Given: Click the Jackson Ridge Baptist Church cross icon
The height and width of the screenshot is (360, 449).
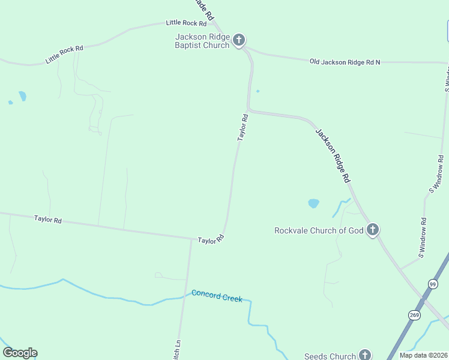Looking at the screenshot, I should pyautogui.click(x=239, y=40).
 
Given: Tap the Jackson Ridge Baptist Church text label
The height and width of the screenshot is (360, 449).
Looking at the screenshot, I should pyautogui.click(x=202, y=41).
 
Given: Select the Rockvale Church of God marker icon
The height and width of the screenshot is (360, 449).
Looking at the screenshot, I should pyautogui.click(x=372, y=229).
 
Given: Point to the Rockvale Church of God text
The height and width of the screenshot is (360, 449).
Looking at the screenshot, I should pyautogui.click(x=319, y=230).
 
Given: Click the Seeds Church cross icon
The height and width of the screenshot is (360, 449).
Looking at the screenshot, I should pyautogui.click(x=364, y=355).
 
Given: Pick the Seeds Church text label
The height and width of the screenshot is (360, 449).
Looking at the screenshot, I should pyautogui.click(x=330, y=356).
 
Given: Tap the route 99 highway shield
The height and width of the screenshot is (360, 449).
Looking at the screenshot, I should pyautogui.click(x=433, y=284).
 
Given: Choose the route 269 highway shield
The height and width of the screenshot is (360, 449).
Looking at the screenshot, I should pyautogui.click(x=414, y=314).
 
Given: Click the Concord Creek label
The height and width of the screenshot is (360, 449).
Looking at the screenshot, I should pyautogui.click(x=217, y=296).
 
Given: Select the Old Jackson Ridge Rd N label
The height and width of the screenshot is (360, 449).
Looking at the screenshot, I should pyautogui.click(x=345, y=62).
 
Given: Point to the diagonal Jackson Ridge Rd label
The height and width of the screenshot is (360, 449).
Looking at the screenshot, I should pyautogui.click(x=333, y=155).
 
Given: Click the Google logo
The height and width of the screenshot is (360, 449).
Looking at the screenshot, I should pyautogui.click(x=20, y=353).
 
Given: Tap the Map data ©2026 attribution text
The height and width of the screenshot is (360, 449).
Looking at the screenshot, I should pyautogui.click(x=423, y=355).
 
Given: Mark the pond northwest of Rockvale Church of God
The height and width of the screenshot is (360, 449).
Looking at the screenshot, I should pyautogui.click(x=313, y=203).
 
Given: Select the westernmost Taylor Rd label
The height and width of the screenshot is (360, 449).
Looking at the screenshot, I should pyautogui.click(x=48, y=220).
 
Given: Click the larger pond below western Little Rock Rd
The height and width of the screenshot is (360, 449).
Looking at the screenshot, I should pyautogui.click(x=22, y=96).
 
